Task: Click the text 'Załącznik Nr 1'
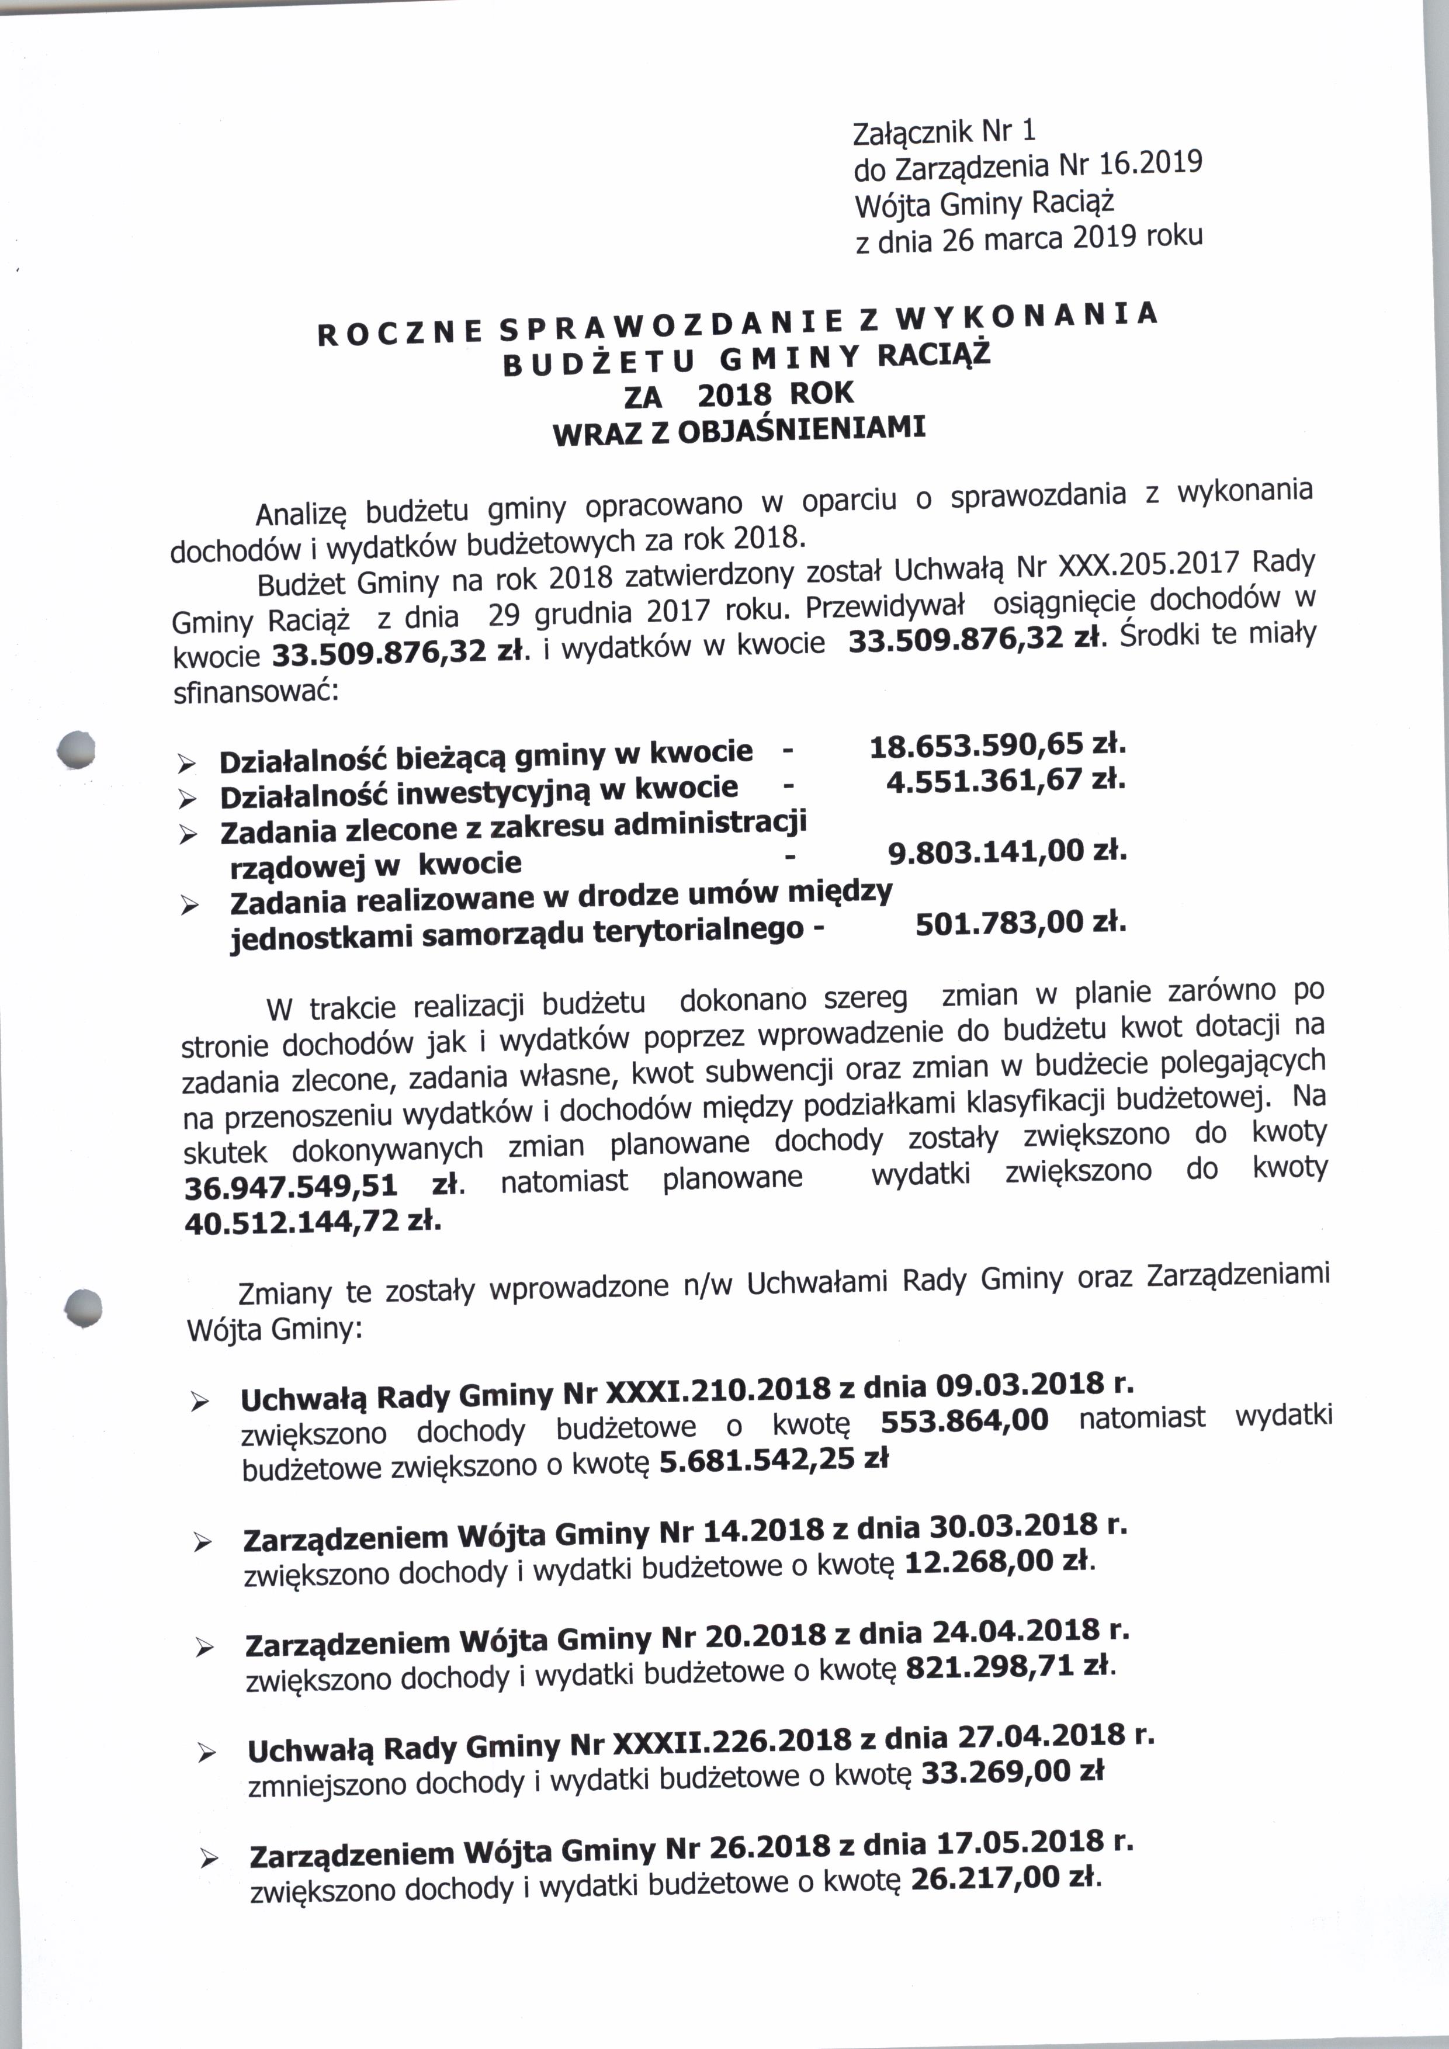click(945, 132)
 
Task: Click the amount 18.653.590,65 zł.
click(997, 743)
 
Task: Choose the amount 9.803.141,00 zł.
click(1007, 853)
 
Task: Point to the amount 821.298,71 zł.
click(1010, 1666)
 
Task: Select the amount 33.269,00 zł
click(1012, 1770)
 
